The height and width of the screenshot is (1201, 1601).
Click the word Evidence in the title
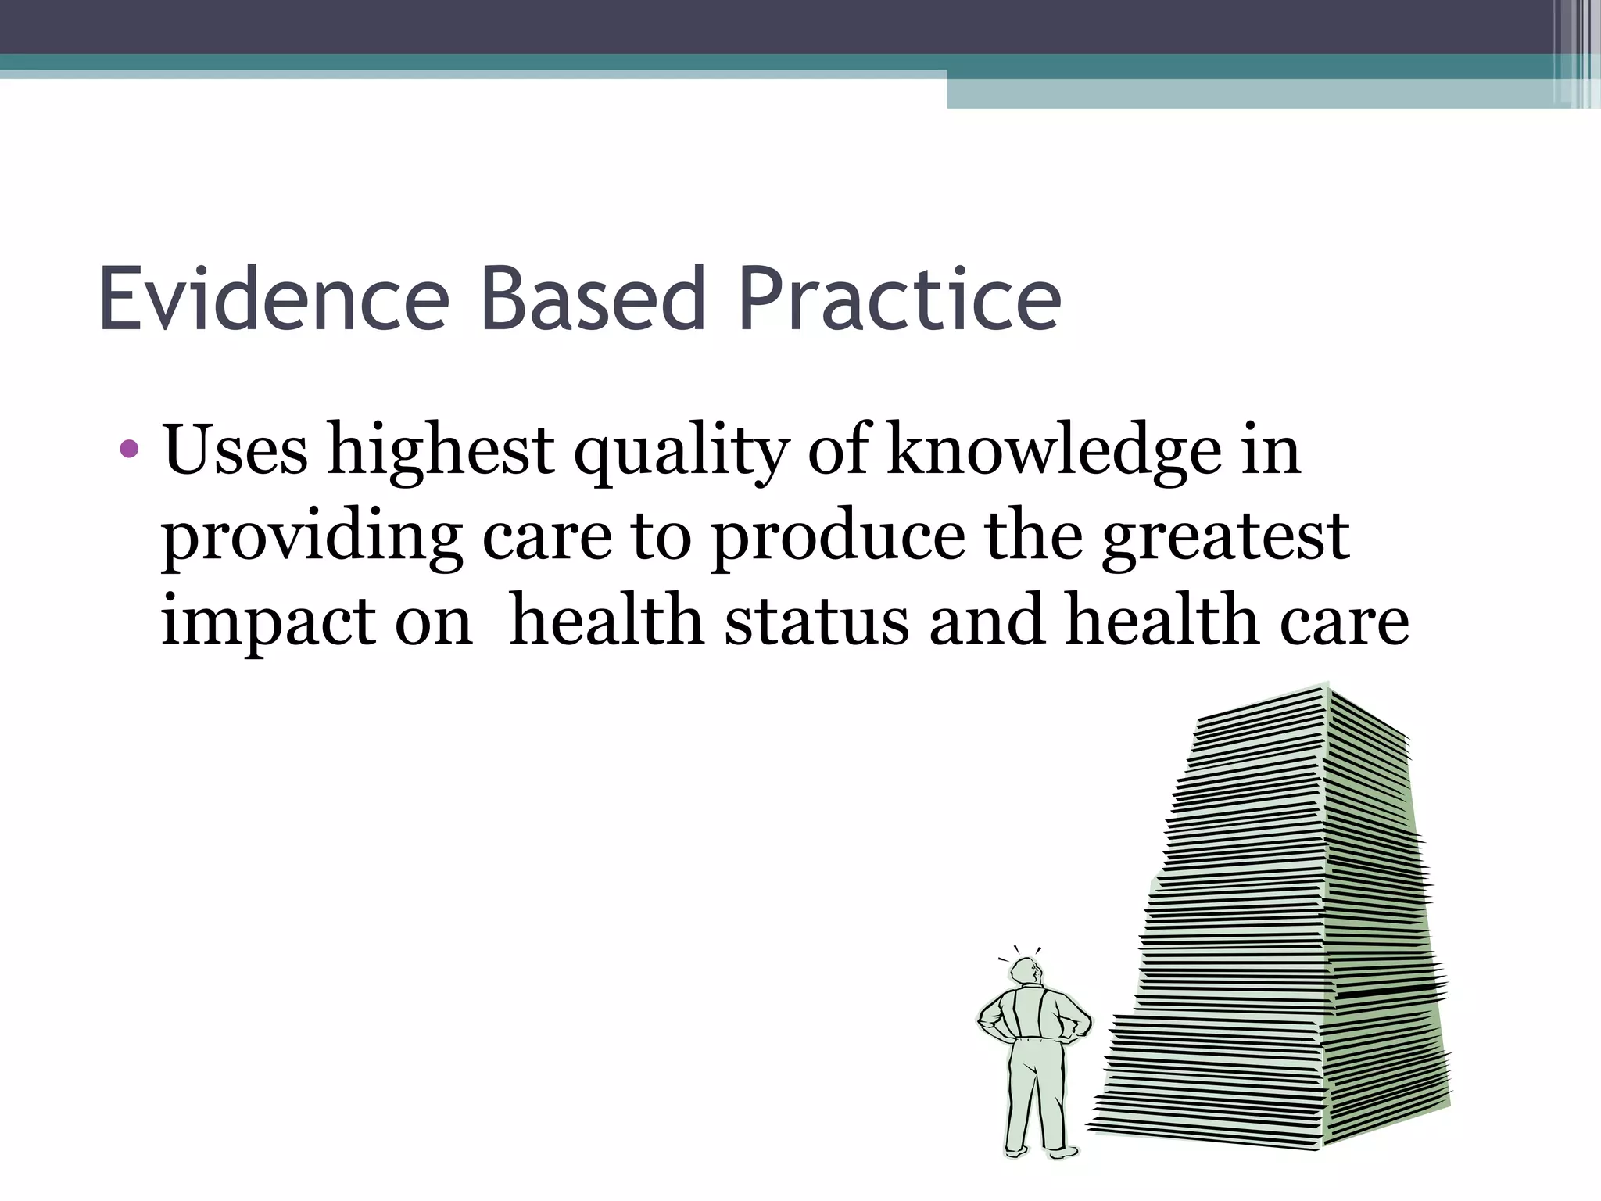[x=274, y=300]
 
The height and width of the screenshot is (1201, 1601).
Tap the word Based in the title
[x=593, y=300]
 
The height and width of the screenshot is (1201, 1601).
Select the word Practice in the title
[x=899, y=300]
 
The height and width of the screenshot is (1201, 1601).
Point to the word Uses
[x=235, y=451]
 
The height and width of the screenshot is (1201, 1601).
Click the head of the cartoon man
[x=1025, y=974]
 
